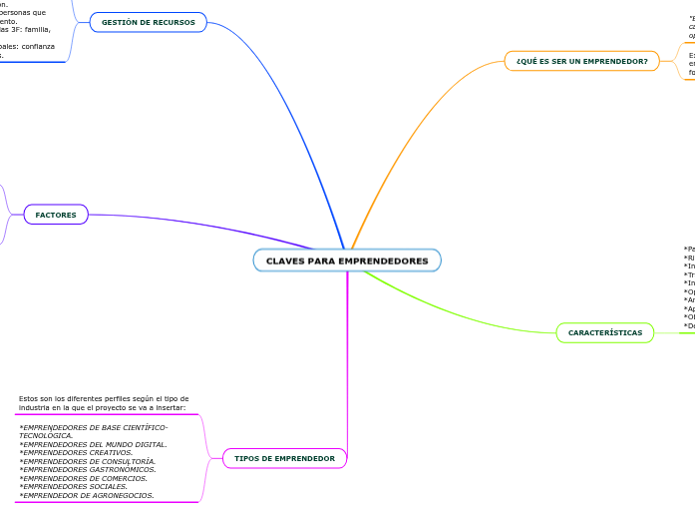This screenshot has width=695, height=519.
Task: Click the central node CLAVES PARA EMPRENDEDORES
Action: [347, 260]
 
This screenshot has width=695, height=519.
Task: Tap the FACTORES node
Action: [56, 215]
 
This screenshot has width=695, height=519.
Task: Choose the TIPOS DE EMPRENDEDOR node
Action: [284, 458]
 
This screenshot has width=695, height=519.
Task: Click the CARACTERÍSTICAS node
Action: [605, 332]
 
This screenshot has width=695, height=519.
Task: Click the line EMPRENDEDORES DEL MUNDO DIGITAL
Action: [94, 444]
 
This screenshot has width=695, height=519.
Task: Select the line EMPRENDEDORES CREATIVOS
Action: [77, 452]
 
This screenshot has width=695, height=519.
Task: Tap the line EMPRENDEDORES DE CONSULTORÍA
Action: [88, 461]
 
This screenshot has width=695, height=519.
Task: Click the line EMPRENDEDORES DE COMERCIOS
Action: [84, 478]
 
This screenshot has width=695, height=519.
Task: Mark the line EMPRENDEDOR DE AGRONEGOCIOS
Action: [87, 495]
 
